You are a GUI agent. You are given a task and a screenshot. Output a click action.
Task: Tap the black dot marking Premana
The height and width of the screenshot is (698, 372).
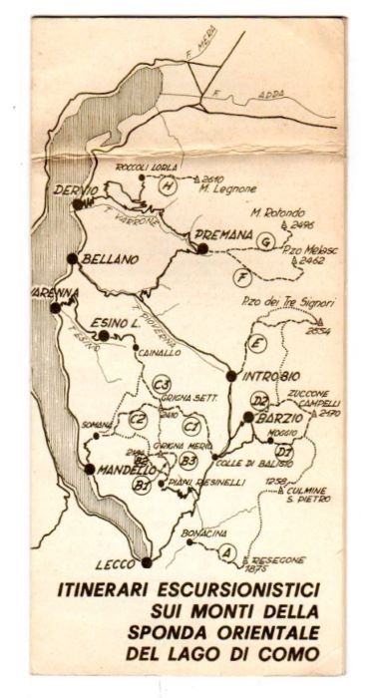click(202, 247)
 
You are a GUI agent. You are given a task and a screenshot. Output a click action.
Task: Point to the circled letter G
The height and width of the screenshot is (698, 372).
click(263, 242)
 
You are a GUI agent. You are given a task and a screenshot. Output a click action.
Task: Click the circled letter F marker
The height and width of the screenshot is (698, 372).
click(241, 276)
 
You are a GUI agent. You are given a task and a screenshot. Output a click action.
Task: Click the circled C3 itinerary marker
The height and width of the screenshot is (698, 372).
click(164, 384)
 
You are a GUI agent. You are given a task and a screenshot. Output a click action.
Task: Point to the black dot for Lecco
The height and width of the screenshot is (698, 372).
click(147, 562)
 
